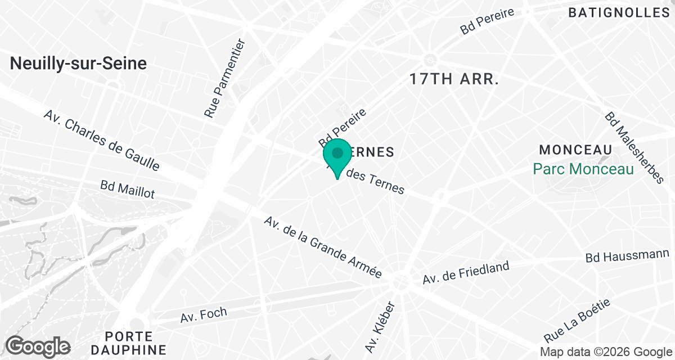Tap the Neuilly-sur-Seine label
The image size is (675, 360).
[x=78, y=64]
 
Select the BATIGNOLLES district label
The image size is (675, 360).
[x=618, y=12]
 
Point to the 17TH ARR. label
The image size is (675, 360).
[x=454, y=79]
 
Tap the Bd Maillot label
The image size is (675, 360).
[x=127, y=189]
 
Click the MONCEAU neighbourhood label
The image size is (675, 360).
[x=575, y=150]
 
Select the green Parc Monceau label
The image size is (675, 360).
[x=583, y=168]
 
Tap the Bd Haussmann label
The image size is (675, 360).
[x=627, y=256]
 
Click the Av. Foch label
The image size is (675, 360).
[x=204, y=315]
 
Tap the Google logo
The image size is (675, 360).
[x=38, y=346]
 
